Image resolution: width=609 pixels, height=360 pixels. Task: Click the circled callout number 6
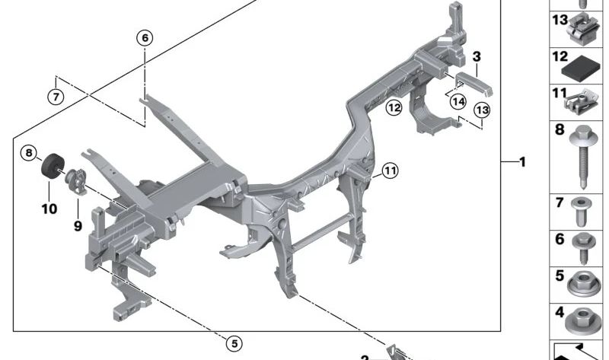click(145, 37)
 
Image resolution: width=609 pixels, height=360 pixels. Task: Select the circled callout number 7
click(56, 97)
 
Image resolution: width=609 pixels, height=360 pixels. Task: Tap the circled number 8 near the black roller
click(29, 153)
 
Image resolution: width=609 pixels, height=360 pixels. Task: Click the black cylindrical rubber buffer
click(53, 166)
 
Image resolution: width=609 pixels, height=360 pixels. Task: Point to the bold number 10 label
click(49, 209)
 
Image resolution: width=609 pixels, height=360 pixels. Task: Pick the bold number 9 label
click(78, 225)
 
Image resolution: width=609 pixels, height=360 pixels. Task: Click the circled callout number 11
click(390, 170)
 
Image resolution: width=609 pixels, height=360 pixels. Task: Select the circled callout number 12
click(394, 107)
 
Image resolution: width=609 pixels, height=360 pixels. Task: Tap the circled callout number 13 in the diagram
click(482, 110)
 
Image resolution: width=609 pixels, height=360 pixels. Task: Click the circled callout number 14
click(458, 102)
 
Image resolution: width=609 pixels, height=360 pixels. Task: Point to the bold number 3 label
click(477, 56)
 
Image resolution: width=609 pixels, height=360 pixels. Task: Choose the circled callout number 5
click(234, 344)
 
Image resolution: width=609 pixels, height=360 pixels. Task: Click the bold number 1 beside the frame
click(522, 162)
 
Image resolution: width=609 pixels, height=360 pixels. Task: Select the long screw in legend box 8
click(582, 157)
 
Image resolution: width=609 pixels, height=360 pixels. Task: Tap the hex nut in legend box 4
click(582, 320)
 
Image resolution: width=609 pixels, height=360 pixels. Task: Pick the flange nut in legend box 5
click(583, 284)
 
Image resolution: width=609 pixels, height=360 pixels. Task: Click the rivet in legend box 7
click(582, 212)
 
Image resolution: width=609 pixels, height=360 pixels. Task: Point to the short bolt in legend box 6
click(584, 248)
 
